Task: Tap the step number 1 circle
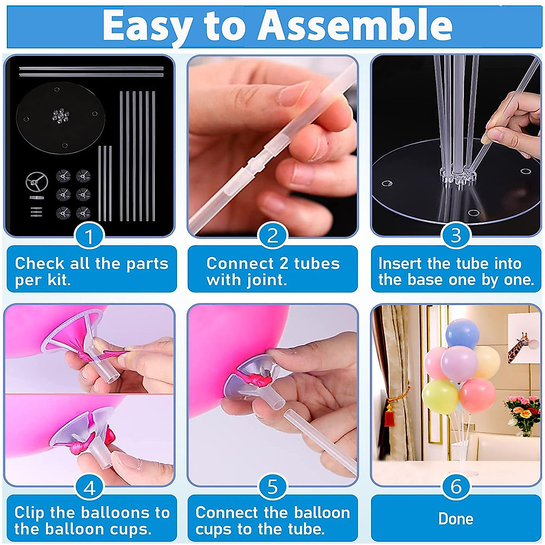tap(89, 236)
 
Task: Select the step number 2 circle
tap(272, 236)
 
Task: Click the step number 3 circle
tap(456, 236)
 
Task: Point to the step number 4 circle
tap(89, 487)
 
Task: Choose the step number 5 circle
tap(272, 487)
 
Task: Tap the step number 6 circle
tap(456, 487)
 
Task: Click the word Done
tap(456, 519)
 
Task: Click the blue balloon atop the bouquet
tap(462, 333)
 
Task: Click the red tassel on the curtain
tap(389, 416)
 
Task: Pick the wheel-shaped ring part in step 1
tap(36, 183)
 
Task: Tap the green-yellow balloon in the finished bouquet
tap(439, 396)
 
